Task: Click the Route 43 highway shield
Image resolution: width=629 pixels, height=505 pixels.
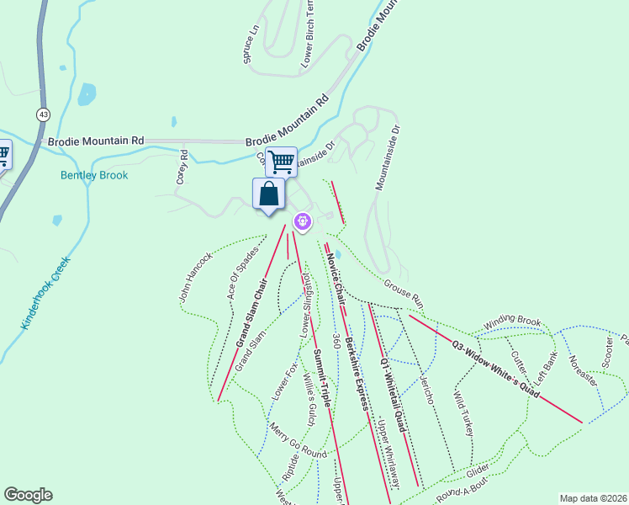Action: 42,113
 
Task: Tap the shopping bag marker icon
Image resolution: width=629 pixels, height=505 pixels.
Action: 268,194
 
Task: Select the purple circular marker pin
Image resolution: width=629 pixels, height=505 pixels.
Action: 303,221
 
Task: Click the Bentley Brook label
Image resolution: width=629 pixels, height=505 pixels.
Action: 94,175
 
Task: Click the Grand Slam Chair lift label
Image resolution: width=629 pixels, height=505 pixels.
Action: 251,312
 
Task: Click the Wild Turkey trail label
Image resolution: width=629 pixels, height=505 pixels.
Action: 463,412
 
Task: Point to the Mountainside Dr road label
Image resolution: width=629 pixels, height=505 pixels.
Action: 386,158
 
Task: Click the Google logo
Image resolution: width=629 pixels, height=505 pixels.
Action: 28,495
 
